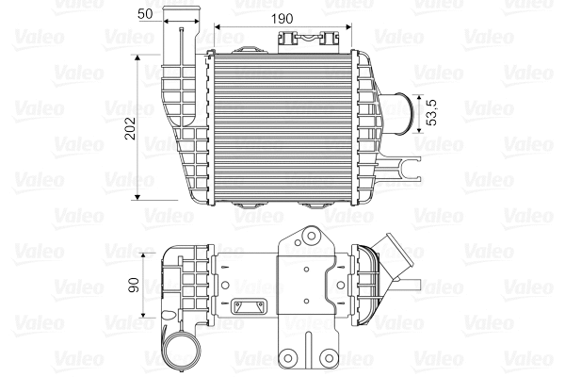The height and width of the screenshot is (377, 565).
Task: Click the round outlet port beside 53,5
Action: [405, 116]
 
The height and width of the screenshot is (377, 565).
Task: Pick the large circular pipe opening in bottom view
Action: [182, 353]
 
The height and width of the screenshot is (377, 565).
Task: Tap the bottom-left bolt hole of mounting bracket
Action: [296, 357]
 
